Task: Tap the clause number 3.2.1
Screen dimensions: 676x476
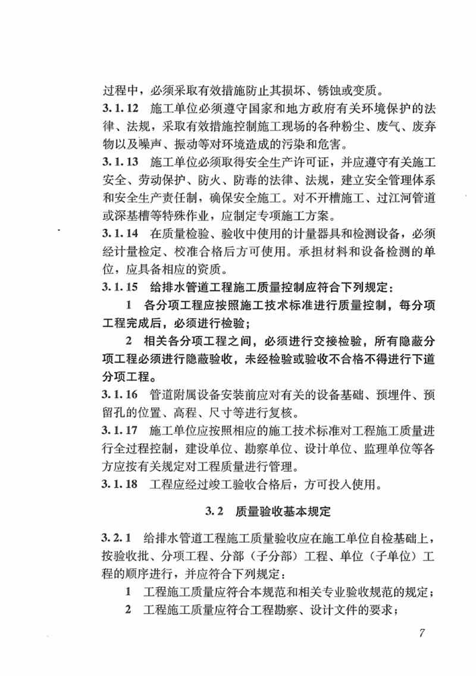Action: click(117, 538)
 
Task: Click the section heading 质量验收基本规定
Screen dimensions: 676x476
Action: click(287, 511)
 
